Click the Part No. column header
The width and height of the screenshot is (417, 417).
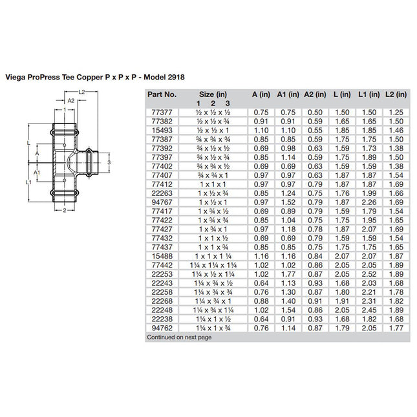[162, 94]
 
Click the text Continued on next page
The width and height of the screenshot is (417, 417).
[178, 337]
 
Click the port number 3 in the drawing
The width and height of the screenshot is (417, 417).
[111, 161]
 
